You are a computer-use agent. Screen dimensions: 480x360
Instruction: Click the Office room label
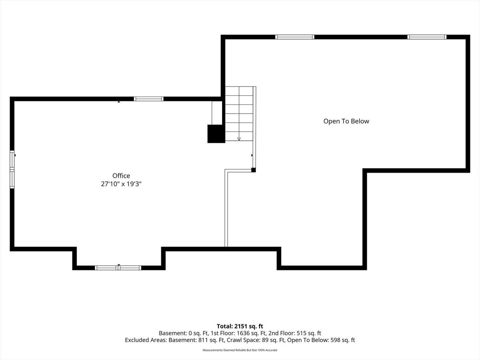point(121,176)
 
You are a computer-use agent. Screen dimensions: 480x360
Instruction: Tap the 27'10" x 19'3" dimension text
point(121,184)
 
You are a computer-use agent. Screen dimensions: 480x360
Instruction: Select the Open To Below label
point(346,121)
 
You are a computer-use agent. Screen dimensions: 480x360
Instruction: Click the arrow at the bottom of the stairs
point(239,139)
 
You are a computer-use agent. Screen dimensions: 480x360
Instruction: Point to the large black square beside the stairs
point(216,134)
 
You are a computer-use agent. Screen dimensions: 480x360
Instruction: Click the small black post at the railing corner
point(254,170)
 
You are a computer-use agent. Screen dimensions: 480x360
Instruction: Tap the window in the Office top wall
point(149,99)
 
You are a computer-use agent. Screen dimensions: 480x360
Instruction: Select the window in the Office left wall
point(12,169)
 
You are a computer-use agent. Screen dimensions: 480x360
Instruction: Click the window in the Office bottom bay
point(118,268)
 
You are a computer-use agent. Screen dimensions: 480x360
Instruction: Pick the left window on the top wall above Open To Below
point(294,37)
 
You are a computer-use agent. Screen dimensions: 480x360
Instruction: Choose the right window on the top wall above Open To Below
point(427,37)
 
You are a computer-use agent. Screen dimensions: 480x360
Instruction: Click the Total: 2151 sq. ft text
point(240,326)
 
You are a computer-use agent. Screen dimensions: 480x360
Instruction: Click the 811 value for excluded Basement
point(203,340)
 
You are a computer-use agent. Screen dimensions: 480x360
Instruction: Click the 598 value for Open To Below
point(335,340)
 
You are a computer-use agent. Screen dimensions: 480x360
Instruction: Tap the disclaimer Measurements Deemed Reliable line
point(240,350)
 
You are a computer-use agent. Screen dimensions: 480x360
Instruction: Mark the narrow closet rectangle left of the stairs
point(217,113)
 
